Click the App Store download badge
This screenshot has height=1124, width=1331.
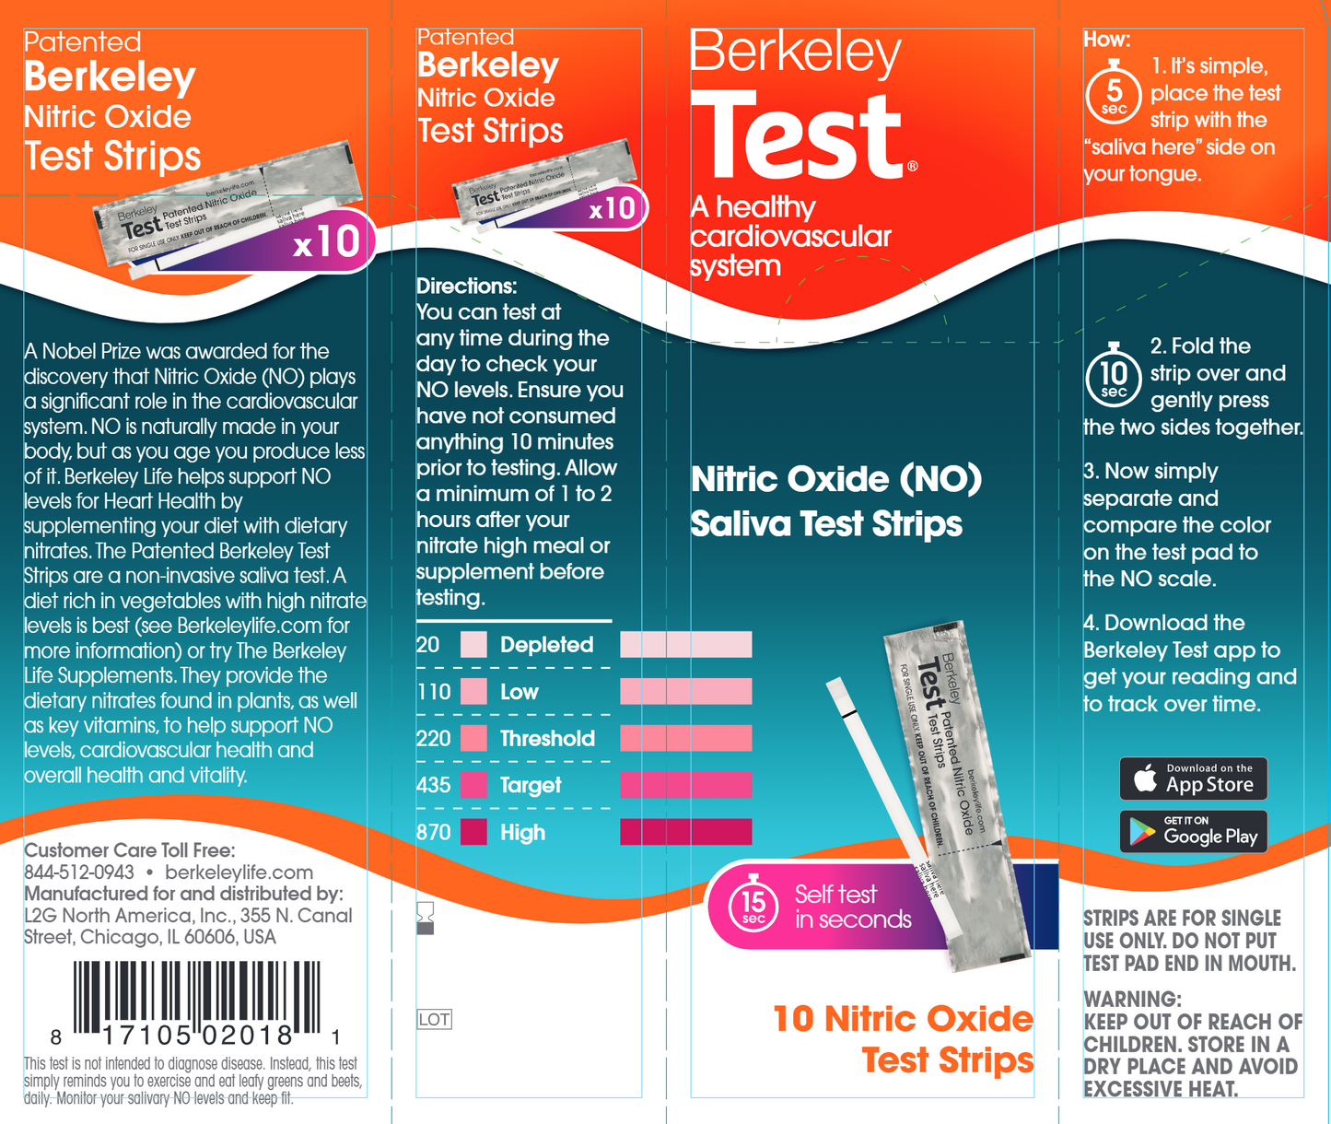tap(1193, 779)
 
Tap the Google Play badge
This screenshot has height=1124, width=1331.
tap(1193, 832)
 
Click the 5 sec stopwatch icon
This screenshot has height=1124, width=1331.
tap(1114, 93)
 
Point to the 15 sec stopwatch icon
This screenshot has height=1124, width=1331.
tap(753, 905)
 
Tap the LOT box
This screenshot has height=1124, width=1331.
tap(434, 1020)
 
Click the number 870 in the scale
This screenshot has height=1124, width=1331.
tap(433, 833)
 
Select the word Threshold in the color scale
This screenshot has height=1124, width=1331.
tap(547, 739)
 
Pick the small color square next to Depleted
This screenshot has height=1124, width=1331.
tap(473, 645)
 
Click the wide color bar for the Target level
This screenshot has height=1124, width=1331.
tap(685, 785)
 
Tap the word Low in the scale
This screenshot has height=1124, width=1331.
tap(519, 692)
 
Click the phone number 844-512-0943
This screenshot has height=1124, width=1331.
tap(79, 872)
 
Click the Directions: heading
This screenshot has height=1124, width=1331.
tap(466, 286)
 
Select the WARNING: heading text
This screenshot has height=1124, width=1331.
tap(1132, 1000)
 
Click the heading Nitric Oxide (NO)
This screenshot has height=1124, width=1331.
tap(835, 479)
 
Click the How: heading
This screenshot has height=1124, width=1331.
tap(1106, 40)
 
